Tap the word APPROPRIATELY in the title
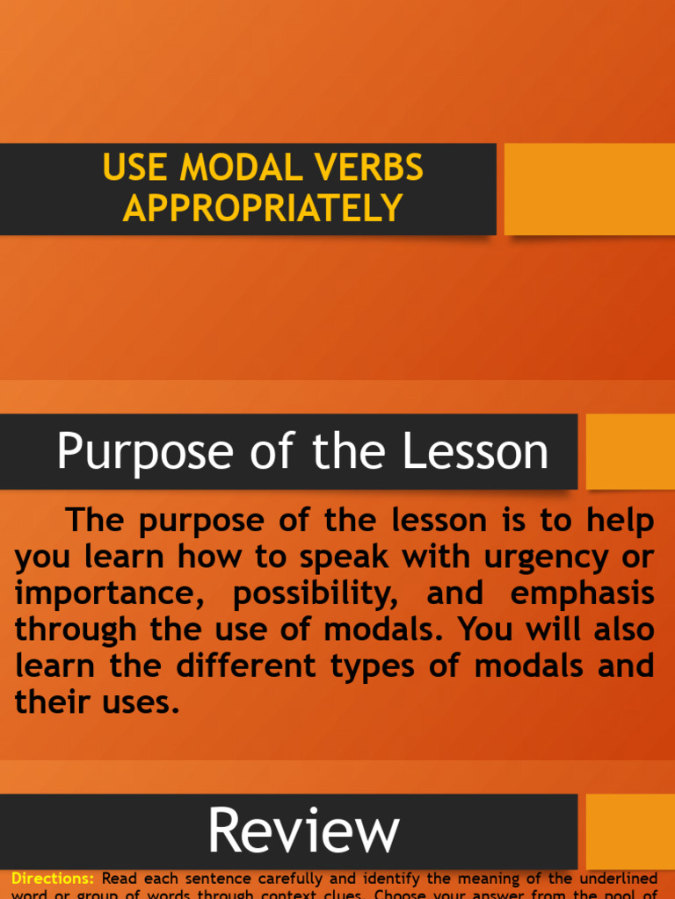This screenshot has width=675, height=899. (263, 208)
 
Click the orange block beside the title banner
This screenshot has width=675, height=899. (589, 189)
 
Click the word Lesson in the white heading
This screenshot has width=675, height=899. (475, 452)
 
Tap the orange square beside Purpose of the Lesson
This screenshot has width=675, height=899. (630, 451)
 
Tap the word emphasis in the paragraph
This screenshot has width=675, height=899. (582, 593)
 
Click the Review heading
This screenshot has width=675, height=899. (303, 831)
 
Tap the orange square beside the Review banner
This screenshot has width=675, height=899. (630, 831)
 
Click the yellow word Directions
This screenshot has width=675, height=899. (53, 878)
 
